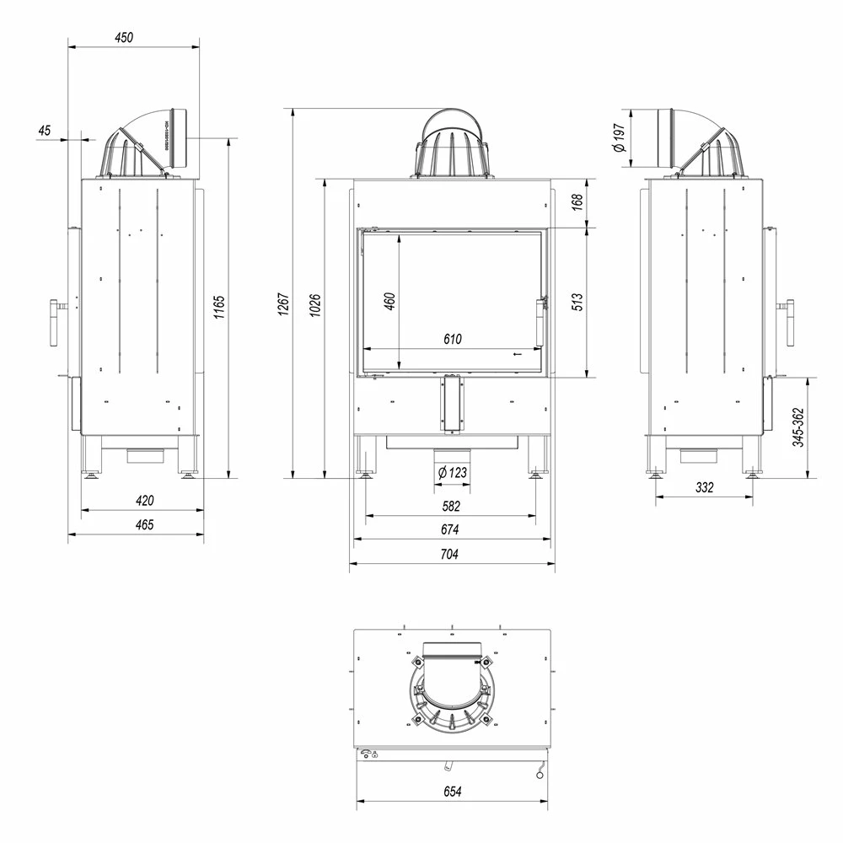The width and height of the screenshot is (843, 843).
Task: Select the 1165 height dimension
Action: click(218, 307)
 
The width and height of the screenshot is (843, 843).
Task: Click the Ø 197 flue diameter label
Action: click(620, 137)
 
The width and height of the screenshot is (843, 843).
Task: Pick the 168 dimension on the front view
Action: click(577, 202)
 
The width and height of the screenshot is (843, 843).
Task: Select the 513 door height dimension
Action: click(577, 302)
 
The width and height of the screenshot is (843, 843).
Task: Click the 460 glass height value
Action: click(389, 302)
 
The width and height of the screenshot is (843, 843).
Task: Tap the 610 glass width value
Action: click(452, 340)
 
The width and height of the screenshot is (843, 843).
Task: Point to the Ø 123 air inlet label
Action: click(452, 473)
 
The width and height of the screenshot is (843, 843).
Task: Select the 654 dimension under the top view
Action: click(452, 792)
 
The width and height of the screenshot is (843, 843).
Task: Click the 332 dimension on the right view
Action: click(705, 487)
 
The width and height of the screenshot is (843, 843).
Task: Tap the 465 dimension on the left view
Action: click(144, 524)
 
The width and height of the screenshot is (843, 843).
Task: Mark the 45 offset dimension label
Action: click(45, 130)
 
